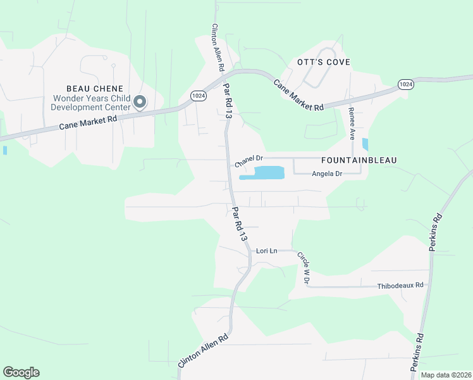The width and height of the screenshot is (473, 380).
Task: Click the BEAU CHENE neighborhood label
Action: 95,88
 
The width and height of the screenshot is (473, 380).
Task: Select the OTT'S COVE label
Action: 324,62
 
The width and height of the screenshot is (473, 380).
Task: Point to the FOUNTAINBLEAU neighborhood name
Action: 359,160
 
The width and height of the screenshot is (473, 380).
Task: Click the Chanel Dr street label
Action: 249,161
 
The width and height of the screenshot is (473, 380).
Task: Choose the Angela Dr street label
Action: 327,174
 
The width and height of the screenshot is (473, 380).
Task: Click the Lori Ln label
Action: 266,251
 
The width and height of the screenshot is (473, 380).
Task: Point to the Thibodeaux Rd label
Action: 400,286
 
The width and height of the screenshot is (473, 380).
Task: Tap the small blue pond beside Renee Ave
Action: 365,144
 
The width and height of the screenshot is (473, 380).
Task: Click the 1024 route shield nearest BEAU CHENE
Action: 198,94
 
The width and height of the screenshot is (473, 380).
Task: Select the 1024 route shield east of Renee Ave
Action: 406,84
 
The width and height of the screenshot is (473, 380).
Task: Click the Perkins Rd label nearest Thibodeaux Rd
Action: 435,232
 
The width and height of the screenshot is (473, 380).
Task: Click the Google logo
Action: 21,372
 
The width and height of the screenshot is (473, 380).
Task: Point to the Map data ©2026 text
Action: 445,375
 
